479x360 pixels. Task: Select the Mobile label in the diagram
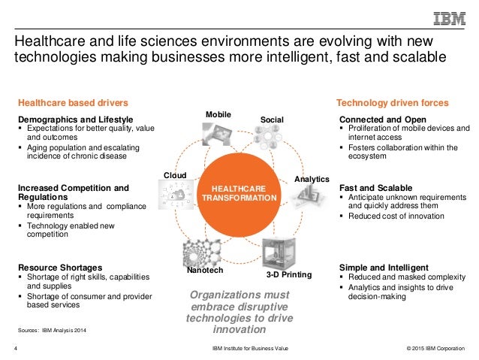[x=218, y=113]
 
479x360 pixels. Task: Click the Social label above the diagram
[x=271, y=119]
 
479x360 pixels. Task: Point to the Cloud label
[x=175, y=175]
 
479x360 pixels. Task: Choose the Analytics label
[x=310, y=180]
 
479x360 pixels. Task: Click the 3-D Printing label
[x=289, y=274]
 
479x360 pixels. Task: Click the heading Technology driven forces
[x=392, y=102]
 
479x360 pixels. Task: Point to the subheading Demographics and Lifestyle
[x=75, y=119]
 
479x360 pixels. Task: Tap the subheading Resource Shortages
[x=60, y=267]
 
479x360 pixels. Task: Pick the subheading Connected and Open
[x=383, y=119]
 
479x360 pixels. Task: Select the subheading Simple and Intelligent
[x=384, y=267]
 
